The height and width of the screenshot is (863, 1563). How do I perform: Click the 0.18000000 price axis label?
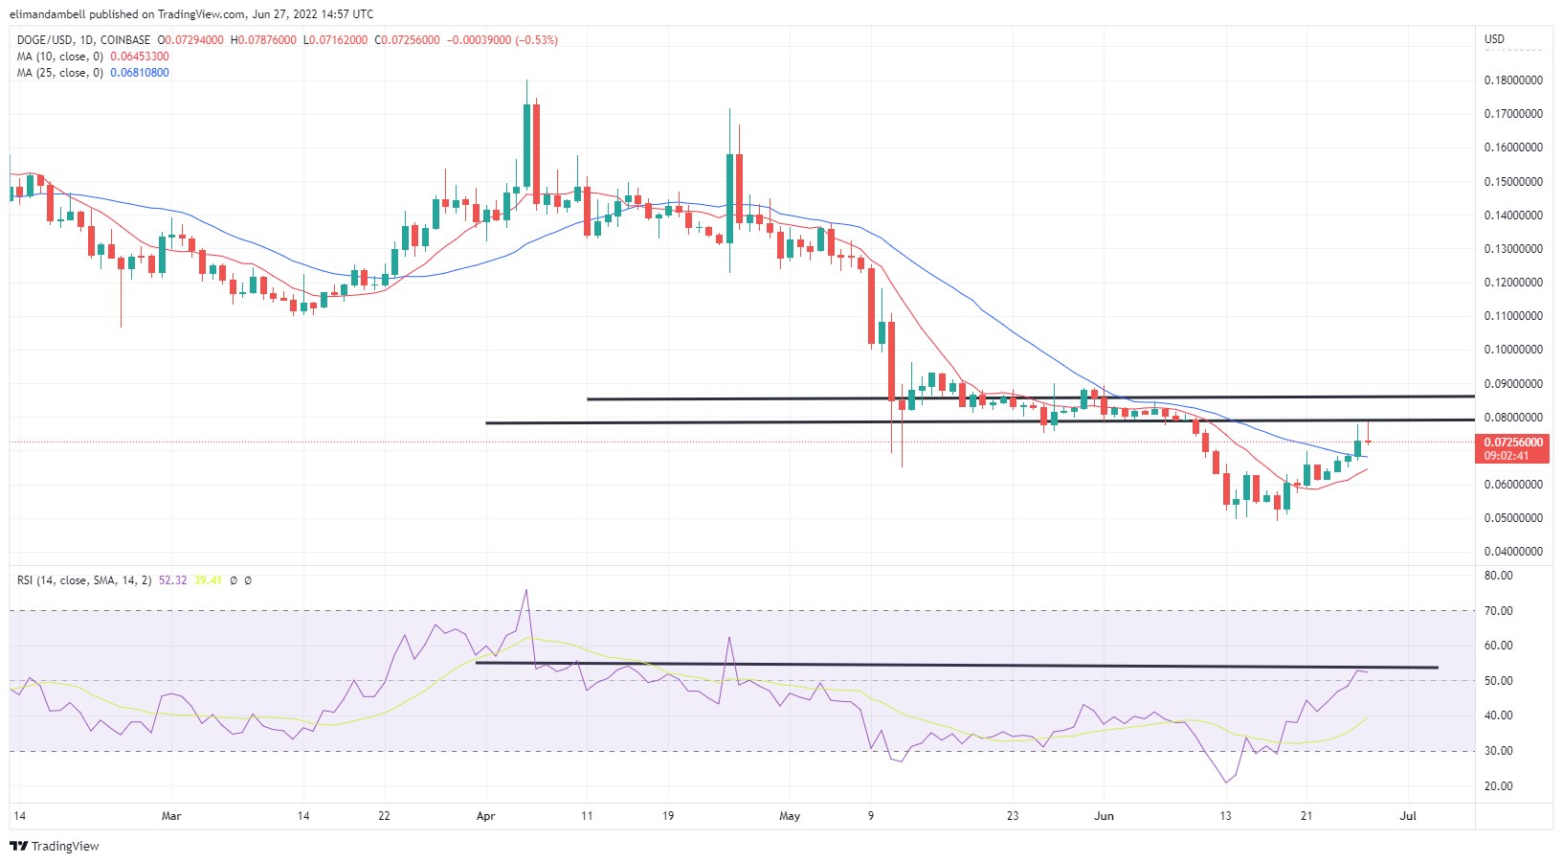[x=1513, y=80]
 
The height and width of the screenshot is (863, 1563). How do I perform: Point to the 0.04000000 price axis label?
[x=1513, y=552]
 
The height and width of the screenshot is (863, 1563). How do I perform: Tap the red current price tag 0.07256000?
[x=1512, y=443]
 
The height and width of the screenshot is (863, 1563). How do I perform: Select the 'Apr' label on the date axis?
[x=485, y=816]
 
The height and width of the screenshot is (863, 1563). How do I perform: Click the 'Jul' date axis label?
[x=1408, y=816]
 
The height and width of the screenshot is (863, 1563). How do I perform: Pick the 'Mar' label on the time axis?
[x=171, y=816]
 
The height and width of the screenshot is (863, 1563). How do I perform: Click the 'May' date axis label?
[x=790, y=816]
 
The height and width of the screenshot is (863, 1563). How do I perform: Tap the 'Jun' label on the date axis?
[x=1105, y=816]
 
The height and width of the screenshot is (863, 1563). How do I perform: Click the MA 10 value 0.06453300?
[x=140, y=57]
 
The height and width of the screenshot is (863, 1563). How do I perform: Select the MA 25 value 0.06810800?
[x=140, y=73]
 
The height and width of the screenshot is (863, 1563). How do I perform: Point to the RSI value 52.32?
[x=172, y=580]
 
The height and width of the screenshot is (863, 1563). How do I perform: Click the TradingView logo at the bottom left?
[x=55, y=847]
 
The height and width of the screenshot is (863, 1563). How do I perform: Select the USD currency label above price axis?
[x=1494, y=39]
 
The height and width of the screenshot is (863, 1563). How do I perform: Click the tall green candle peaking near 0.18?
[x=526, y=144]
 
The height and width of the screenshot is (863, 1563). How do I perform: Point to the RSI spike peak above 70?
[x=525, y=591]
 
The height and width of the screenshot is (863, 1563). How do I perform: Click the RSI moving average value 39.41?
[x=208, y=580]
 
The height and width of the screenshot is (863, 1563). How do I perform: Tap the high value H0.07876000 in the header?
[x=263, y=40]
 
